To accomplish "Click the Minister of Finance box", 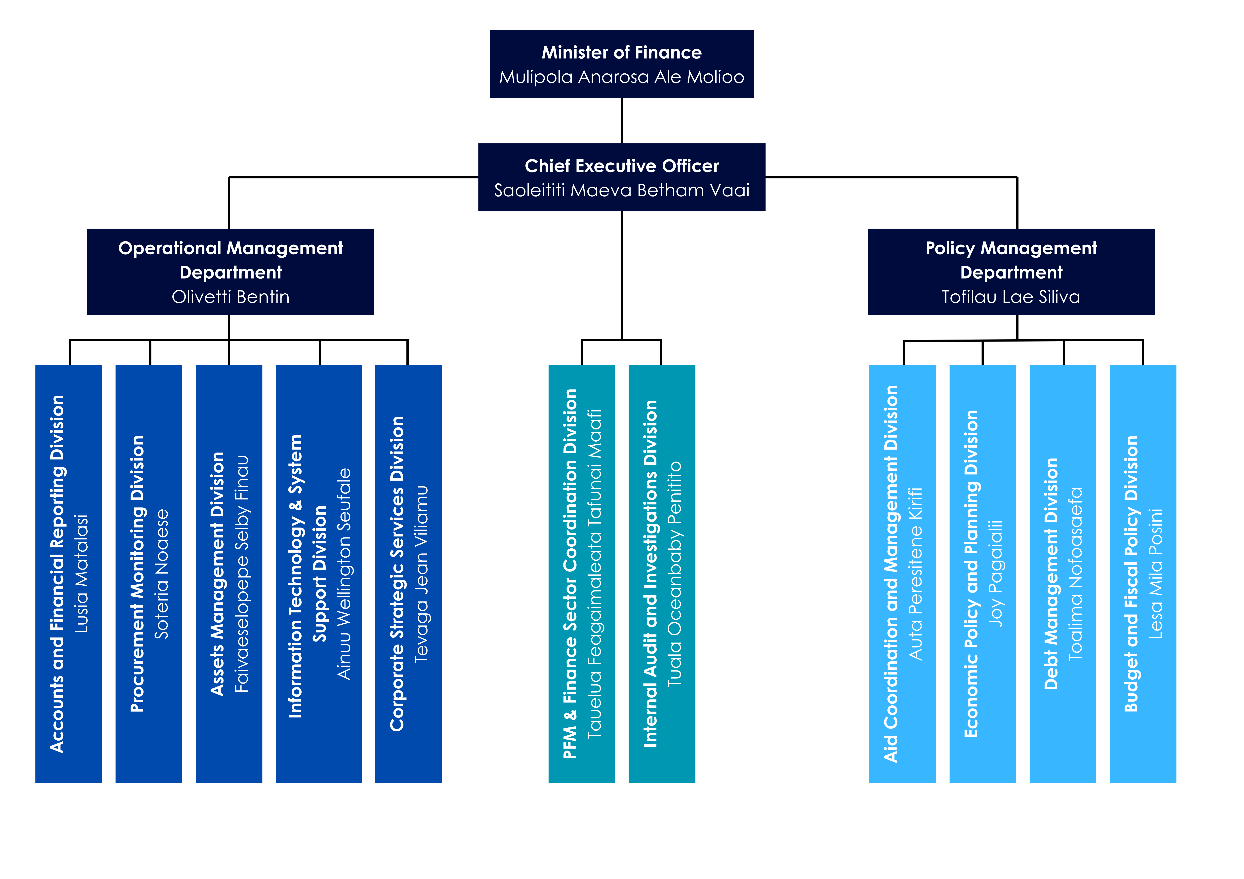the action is [621, 64].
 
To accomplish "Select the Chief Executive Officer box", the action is [621, 177].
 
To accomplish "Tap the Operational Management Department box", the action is [230, 271].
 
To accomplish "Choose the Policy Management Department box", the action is [1011, 271].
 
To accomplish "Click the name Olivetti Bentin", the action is [230, 297].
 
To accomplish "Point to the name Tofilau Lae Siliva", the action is [1011, 297].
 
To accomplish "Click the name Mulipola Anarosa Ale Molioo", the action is [621, 77].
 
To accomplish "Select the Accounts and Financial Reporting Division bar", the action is [69, 573].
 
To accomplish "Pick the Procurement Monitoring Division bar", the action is [149, 573].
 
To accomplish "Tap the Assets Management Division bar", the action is [229, 573].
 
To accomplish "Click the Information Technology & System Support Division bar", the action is [319, 573].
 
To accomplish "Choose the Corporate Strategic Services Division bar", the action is [408, 573].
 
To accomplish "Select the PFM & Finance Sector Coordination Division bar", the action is [582, 573].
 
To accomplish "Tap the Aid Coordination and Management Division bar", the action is [903, 573].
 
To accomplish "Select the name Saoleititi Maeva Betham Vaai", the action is [621, 190].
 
